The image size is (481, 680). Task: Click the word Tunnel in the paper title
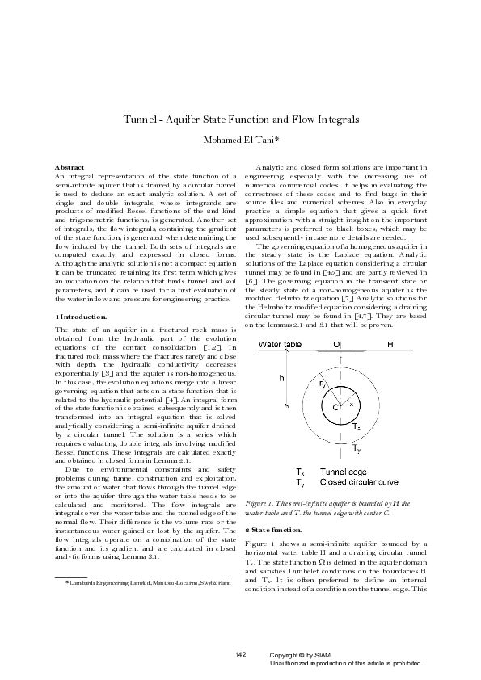pos(139,120)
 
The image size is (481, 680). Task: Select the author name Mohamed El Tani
pos(239,140)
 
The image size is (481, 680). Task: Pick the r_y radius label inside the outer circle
pos(323,385)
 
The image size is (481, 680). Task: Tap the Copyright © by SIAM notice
pos(300,655)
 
